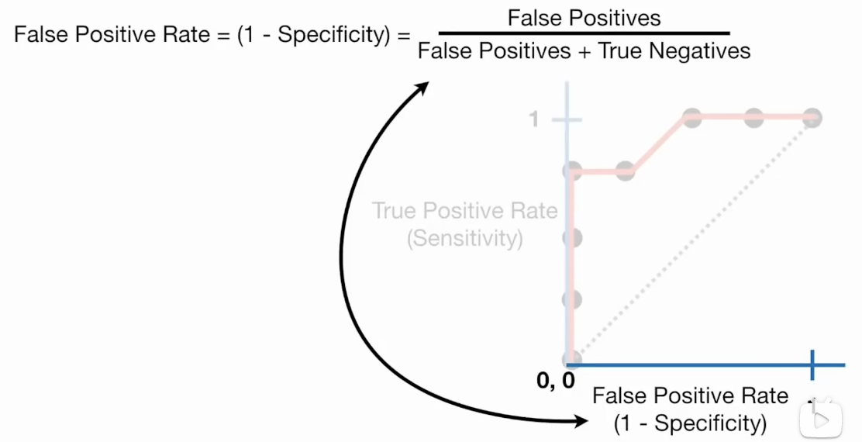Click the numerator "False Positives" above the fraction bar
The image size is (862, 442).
coord(584,18)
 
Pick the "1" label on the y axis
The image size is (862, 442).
coord(533,119)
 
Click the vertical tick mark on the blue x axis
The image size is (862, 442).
coord(812,364)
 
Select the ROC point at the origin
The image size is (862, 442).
coord(572,359)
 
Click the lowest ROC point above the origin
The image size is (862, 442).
coord(572,299)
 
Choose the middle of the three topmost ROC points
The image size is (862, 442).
coord(754,118)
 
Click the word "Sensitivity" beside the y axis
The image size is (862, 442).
coord(465,238)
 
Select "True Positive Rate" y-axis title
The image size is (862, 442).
coord(464,211)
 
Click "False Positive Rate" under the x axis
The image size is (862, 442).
coord(690,395)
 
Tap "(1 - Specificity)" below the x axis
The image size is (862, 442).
coord(690,423)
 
